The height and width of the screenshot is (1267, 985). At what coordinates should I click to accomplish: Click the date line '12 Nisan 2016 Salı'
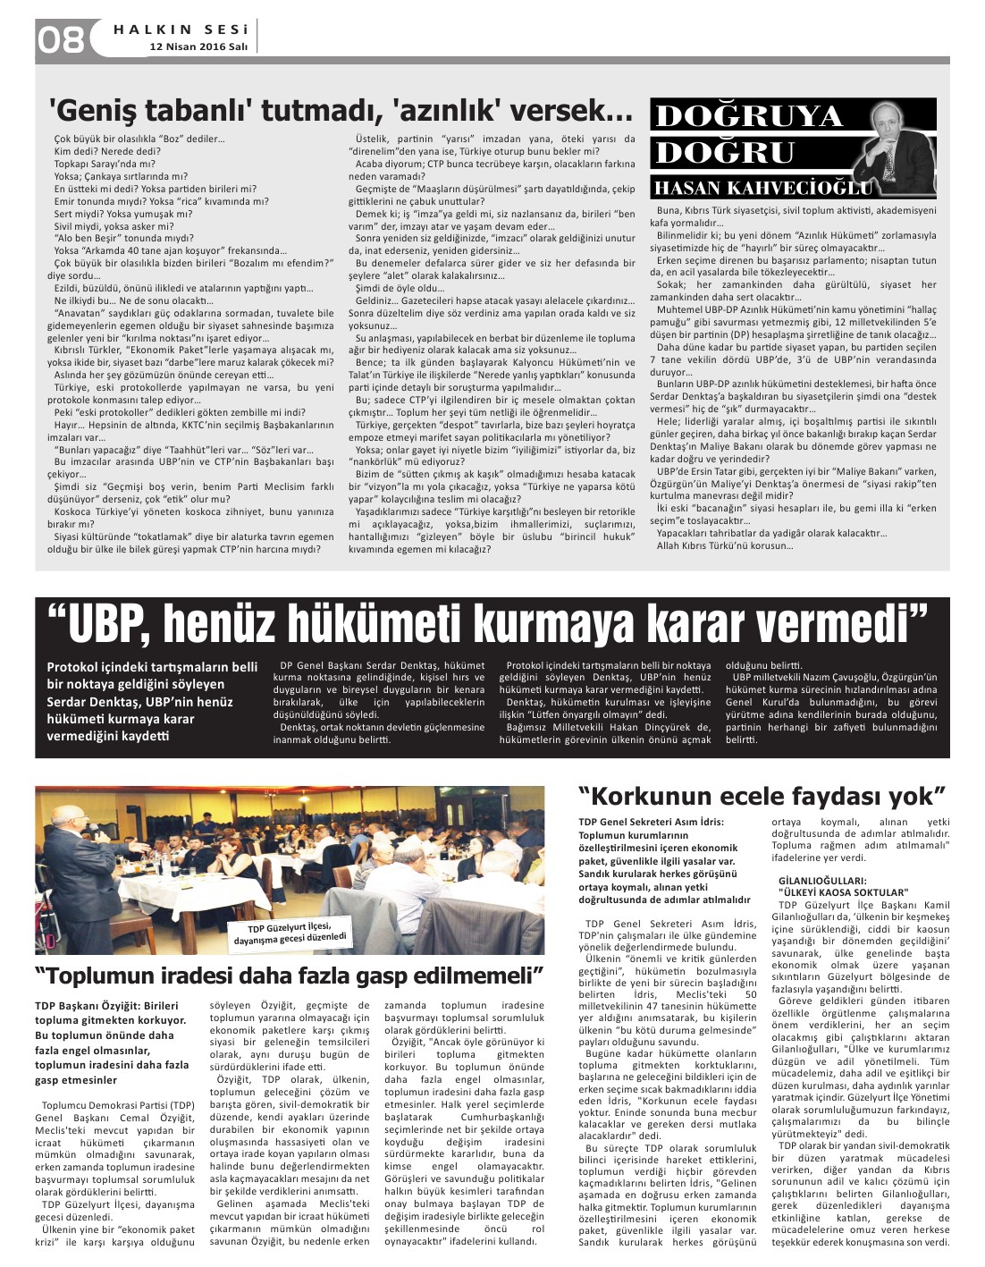(198, 46)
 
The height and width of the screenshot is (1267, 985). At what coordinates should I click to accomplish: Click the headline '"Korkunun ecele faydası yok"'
(762, 795)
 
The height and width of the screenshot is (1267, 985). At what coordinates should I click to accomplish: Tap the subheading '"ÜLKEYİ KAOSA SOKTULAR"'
(844, 892)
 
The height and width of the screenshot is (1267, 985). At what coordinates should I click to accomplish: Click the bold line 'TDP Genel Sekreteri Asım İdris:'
(651, 822)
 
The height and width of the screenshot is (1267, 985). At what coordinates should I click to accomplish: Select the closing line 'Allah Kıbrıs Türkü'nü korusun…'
(724, 545)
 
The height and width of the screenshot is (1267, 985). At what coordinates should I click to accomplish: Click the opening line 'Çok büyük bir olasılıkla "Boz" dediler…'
(139, 139)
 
